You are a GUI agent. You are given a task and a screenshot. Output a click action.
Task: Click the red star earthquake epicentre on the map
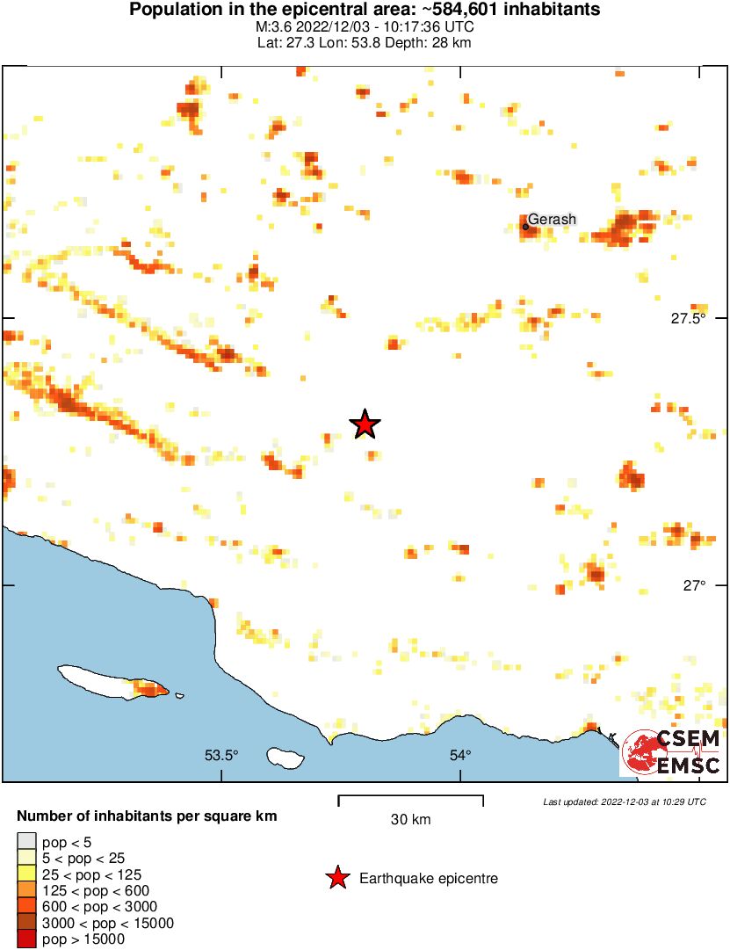(x=365, y=424)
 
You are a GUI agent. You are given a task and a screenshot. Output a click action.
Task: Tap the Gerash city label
(x=552, y=219)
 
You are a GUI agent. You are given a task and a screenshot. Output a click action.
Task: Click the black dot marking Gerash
(x=525, y=227)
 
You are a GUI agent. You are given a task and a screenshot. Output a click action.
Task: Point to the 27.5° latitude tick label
(x=688, y=319)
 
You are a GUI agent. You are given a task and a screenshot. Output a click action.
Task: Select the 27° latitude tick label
(x=695, y=586)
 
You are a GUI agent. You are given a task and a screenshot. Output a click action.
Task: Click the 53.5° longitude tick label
(x=221, y=754)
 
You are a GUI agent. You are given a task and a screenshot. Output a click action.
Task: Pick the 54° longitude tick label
(x=460, y=754)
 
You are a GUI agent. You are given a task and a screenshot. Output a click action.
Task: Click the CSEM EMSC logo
(x=670, y=753)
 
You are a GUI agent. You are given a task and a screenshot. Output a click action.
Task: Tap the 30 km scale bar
(x=410, y=799)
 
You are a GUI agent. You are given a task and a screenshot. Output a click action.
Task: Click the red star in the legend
(x=336, y=878)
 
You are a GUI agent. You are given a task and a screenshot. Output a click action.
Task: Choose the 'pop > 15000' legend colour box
(x=27, y=939)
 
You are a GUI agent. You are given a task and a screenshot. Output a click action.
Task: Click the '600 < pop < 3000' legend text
(x=100, y=907)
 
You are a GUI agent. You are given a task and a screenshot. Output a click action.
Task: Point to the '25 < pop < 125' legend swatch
(x=27, y=874)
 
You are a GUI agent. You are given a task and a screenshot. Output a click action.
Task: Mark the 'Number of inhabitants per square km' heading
(x=147, y=816)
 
